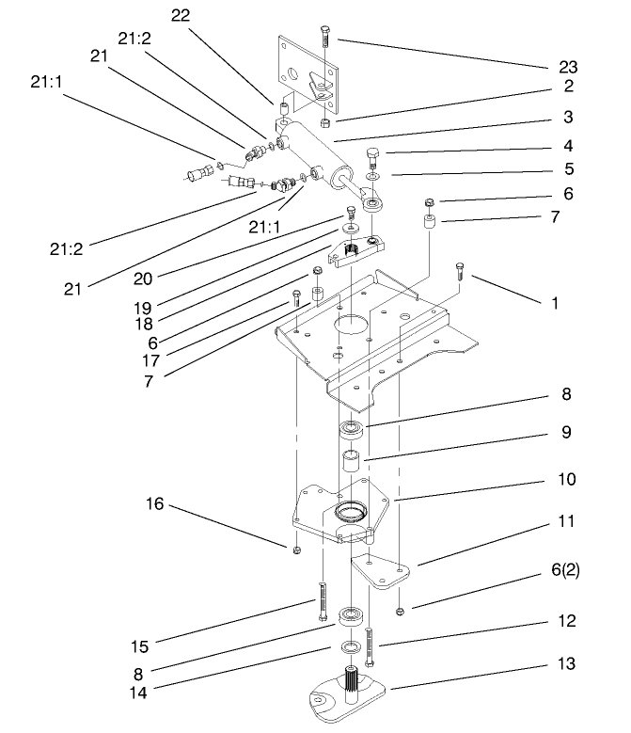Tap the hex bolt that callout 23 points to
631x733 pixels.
(324, 38)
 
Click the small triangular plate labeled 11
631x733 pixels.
(380, 572)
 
